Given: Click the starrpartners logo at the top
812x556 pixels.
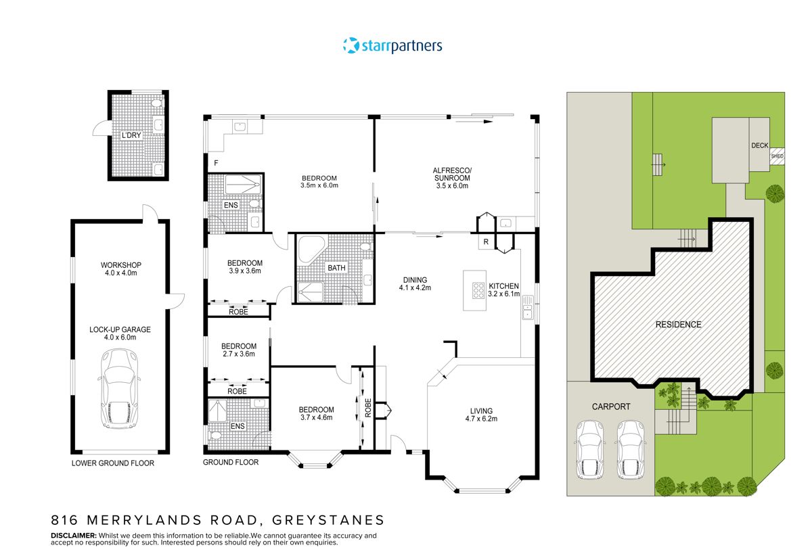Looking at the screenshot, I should [x=392, y=46].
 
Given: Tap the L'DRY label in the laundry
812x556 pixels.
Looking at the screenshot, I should [x=131, y=136].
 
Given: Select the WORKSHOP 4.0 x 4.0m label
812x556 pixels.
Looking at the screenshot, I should [x=120, y=269].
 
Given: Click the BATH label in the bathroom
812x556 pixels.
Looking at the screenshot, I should [x=336, y=268].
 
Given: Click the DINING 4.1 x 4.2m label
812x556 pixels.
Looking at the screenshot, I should [x=415, y=283].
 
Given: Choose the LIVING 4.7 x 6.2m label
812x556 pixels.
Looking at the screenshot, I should [x=481, y=414].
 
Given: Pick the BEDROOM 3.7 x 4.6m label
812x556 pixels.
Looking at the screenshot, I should [x=317, y=413].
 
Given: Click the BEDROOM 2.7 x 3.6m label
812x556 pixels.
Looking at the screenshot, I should [x=238, y=349].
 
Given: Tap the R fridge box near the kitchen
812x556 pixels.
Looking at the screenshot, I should [x=486, y=241].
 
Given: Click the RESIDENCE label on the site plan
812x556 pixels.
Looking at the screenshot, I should [x=678, y=325].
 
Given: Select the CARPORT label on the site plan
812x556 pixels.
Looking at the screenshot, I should [x=611, y=407].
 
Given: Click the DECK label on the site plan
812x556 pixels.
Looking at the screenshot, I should [x=759, y=145].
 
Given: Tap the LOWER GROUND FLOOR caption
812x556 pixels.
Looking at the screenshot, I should [x=113, y=463].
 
